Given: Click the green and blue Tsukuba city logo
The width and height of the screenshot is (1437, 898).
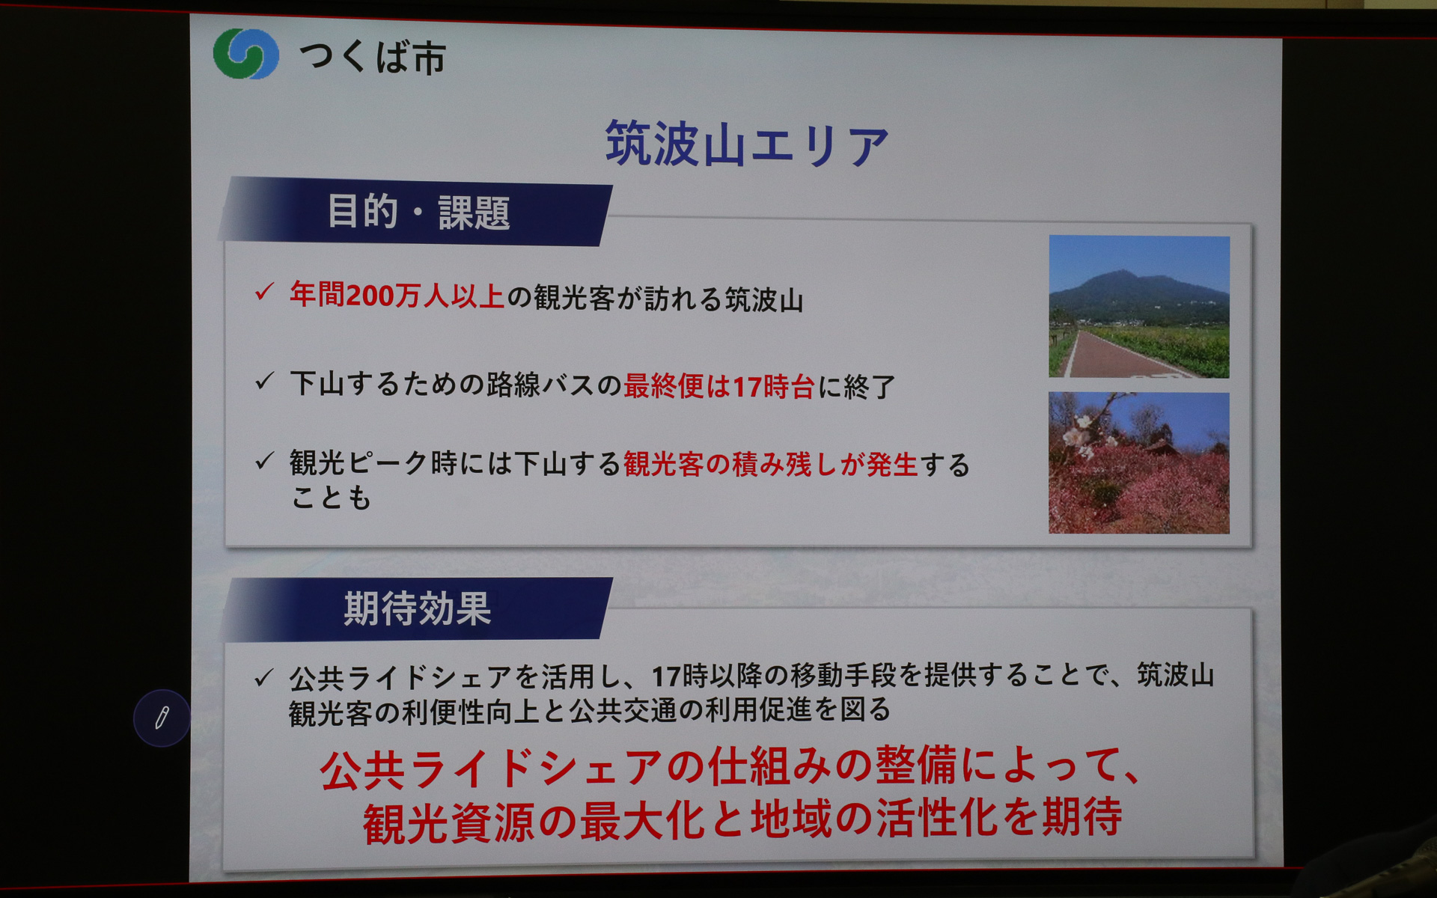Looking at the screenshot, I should point(245,54).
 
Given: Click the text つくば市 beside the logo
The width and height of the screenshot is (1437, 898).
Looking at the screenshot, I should point(372,58).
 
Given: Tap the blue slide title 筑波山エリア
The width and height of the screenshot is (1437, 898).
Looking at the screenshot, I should point(746,144).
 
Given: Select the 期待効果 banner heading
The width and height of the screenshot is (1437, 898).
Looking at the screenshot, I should point(417,608).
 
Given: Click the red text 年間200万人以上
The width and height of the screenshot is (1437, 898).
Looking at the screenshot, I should point(397,296).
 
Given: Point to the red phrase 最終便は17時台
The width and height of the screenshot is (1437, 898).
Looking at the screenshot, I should point(718,386).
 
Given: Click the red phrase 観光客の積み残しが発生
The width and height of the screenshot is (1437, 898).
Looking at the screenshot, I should point(770,465).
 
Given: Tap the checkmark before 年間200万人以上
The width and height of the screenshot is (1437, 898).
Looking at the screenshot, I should point(264,292).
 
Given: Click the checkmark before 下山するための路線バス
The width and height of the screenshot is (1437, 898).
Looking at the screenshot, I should point(264,382).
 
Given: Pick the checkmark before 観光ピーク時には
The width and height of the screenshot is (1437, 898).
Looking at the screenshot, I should point(264,461).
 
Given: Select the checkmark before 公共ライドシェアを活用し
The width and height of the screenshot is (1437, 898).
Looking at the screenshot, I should point(263,678).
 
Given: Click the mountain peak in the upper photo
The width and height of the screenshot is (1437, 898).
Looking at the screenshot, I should point(1117,276).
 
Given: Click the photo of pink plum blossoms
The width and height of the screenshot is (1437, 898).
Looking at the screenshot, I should point(1138,463).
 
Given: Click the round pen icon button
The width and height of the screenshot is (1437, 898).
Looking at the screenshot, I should point(161,718).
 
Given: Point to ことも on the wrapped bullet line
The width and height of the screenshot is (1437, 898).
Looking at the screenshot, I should point(331,498).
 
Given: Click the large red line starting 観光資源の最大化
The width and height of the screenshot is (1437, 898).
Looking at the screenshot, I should point(742,820).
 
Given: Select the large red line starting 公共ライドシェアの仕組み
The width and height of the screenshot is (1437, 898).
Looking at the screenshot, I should point(730,769).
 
